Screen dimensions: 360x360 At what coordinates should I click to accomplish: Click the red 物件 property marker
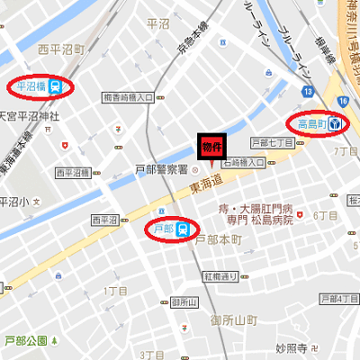(211, 147)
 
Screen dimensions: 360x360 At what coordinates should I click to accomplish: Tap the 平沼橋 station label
(32, 86)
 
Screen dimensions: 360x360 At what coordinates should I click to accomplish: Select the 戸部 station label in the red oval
(164, 229)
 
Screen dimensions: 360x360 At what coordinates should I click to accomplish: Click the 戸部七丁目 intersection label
(273, 142)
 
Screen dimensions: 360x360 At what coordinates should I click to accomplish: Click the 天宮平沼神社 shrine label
(29, 116)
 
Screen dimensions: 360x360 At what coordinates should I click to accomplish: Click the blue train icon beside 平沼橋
(58, 86)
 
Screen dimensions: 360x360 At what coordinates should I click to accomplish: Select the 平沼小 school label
(13, 201)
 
